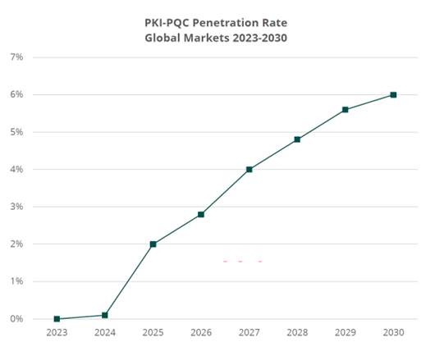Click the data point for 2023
point(57,319)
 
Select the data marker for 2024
point(105,315)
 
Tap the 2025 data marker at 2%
point(153,244)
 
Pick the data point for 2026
point(201,215)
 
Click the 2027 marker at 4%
point(249,170)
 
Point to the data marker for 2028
point(297,139)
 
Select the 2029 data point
point(346,110)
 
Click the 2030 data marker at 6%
point(393,95)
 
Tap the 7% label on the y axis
point(16,57)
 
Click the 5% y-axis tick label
point(16,132)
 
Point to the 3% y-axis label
point(16,207)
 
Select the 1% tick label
point(16,281)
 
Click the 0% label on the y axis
point(16,319)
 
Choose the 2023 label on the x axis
point(57,333)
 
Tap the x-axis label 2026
point(201,333)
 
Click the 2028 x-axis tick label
point(297,333)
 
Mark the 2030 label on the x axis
point(393,333)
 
